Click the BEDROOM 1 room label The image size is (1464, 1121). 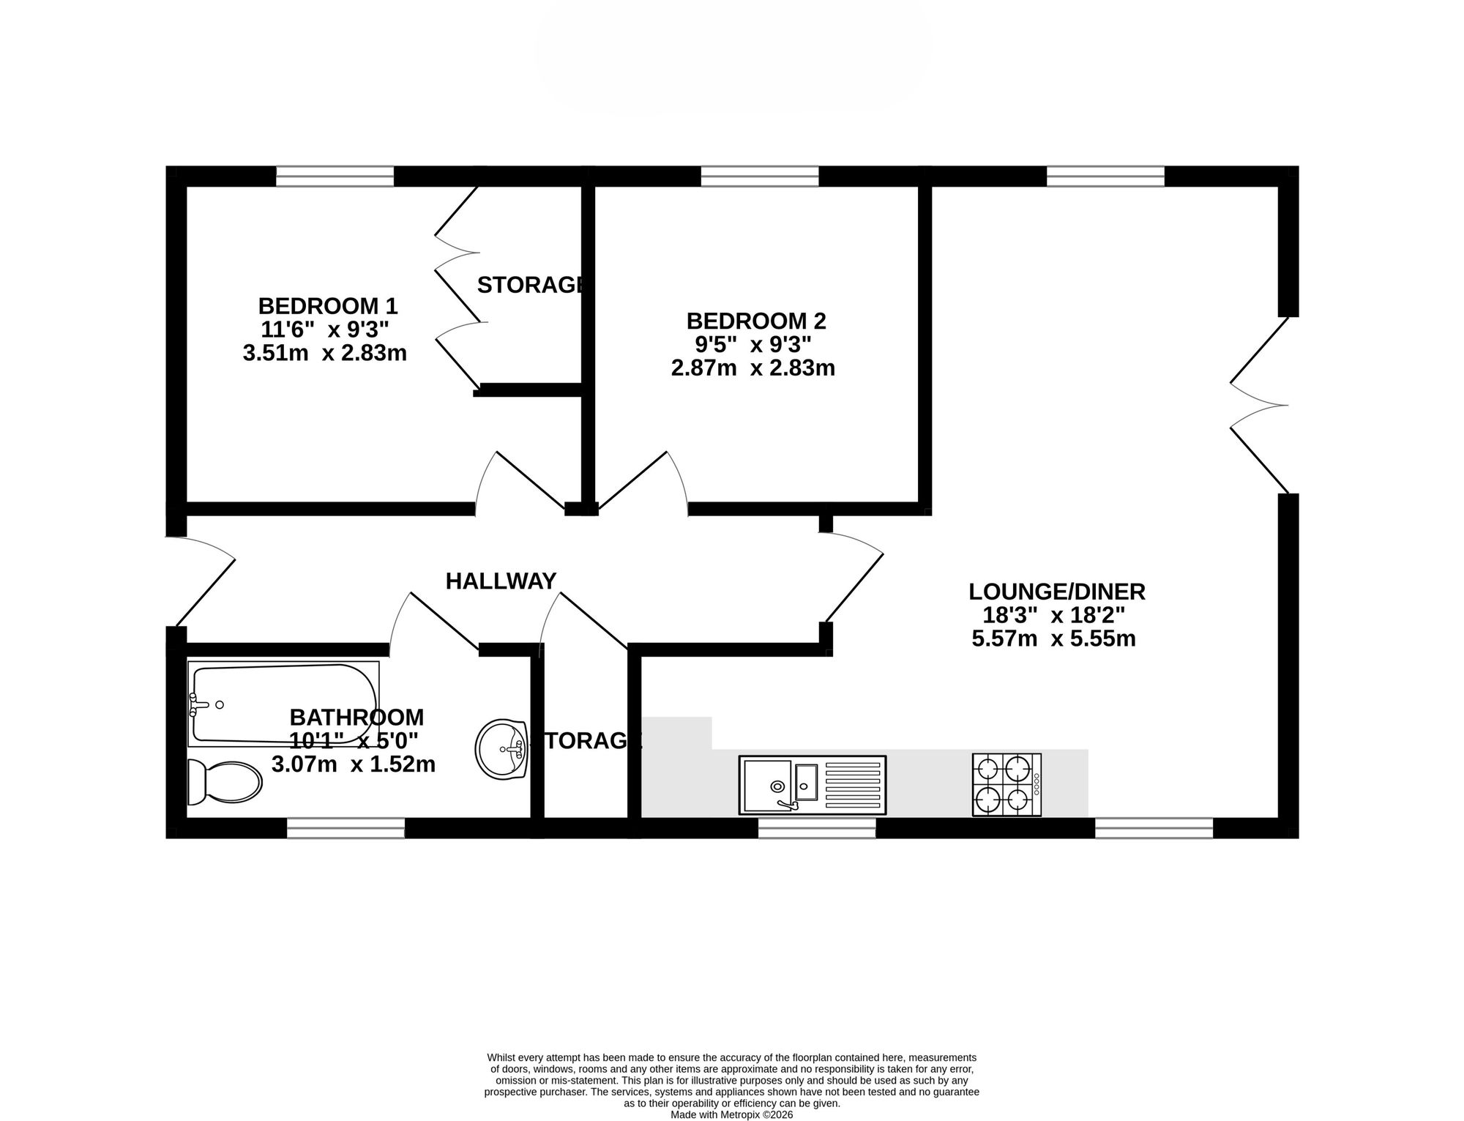[327, 305]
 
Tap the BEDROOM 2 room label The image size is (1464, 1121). [756, 321]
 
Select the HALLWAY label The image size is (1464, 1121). [501, 581]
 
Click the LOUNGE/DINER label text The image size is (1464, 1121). [1057, 592]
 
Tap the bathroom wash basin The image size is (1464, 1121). [501, 749]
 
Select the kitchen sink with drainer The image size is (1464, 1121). [813, 785]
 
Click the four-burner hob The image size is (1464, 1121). [1006, 785]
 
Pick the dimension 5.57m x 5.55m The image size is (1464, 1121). [1053, 639]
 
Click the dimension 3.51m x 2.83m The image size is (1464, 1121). [324, 354]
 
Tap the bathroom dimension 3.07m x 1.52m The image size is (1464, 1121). [354, 765]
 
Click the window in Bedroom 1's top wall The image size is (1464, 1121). [335, 176]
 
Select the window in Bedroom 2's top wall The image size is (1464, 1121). [759, 176]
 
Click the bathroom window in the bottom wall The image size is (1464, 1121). [346, 828]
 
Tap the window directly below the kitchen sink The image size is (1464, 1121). [817, 828]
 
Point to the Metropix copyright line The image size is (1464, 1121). [732, 1115]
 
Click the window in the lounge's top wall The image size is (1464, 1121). [1105, 176]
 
